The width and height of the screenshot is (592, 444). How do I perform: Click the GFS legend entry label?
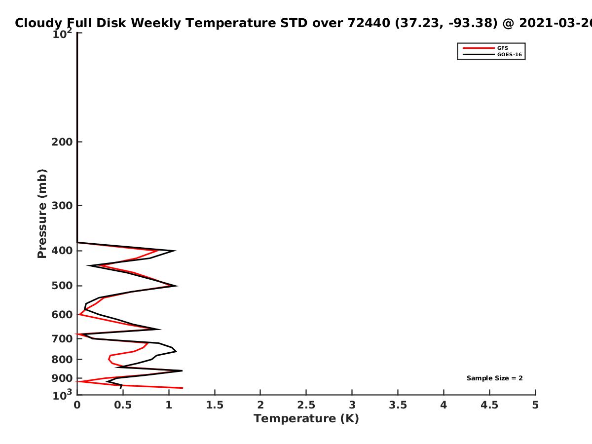[502, 48]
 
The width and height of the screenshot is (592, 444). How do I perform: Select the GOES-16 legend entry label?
[510, 55]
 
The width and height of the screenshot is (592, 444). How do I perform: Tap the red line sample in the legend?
[479, 48]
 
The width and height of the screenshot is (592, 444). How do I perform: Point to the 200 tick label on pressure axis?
[62, 142]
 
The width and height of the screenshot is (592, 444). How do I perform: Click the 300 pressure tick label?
[62, 206]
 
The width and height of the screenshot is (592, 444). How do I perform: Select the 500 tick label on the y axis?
[62, 286]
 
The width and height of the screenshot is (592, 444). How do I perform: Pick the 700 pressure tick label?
[62, 339]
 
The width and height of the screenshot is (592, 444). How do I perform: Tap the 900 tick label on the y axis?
[62, 378]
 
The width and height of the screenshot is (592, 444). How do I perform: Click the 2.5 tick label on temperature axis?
[306, 405]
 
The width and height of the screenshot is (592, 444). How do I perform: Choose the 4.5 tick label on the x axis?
[489, 405]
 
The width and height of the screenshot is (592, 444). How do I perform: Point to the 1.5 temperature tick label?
[215, 405]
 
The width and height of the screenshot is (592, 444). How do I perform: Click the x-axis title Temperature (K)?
[306, 419]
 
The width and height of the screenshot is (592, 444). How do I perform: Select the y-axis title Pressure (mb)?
[42, 214]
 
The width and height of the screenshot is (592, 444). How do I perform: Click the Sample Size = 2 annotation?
[495, 378]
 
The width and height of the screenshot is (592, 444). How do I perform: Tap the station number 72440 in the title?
[369, 23]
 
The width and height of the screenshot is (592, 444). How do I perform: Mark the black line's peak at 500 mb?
[177, 286]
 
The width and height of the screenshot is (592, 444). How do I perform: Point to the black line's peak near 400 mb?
[175, 251]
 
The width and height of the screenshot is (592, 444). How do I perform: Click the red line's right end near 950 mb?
[183, 388]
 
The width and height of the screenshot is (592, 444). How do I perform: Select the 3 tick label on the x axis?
[352, 405]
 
